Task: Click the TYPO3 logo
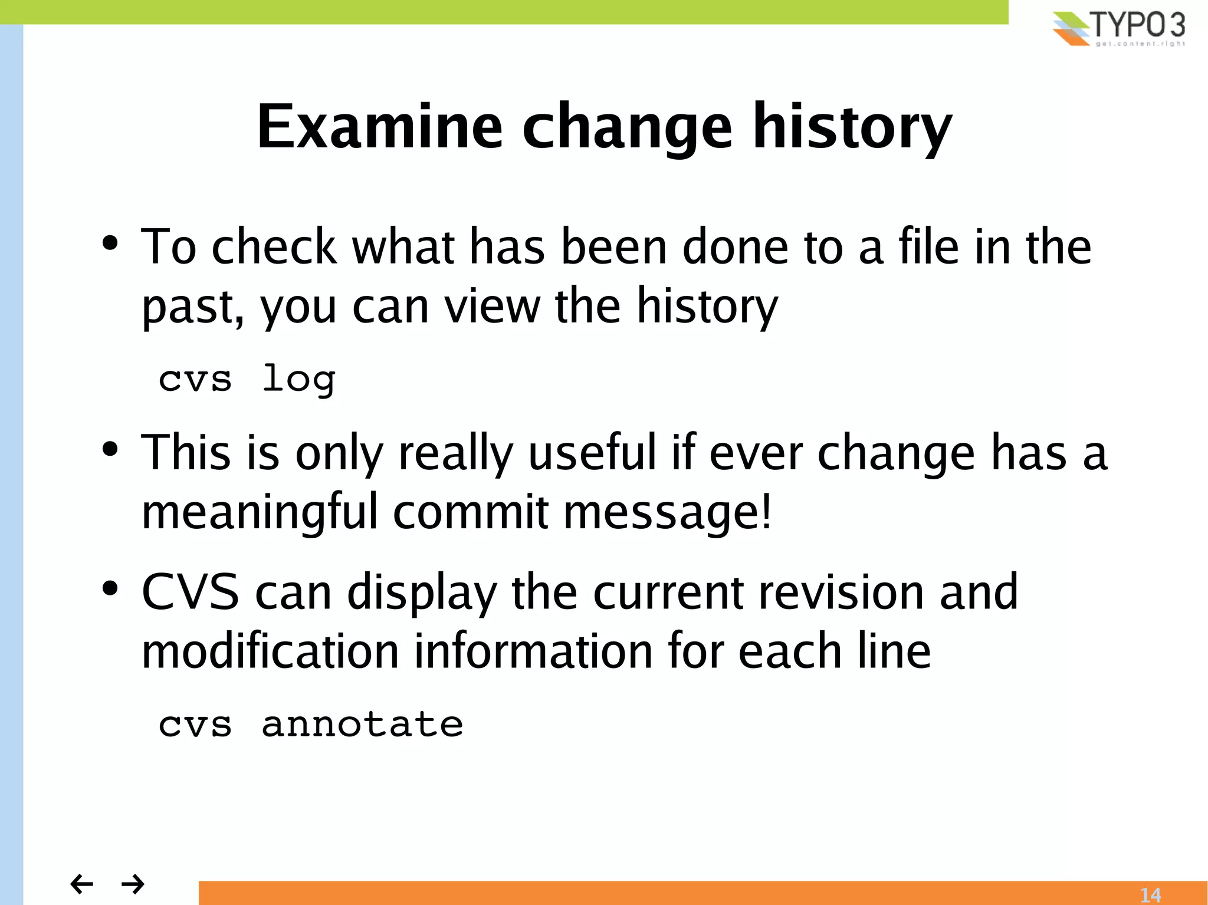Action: (x=1118, y=28)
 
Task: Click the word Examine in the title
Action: (x=380, y=127)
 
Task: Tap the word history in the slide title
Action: (x=852, y=127)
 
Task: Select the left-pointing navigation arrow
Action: (x=81, y=884)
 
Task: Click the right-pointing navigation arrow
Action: (x=133, y=884)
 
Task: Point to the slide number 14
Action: (x=1150, y=895)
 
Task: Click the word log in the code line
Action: (x=298, y=379)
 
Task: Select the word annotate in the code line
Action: (x=362, y=724)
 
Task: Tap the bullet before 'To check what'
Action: (x=110, y=243)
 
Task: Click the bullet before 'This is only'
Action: (x=110, y=449)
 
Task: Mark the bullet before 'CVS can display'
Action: (x=110, y=588)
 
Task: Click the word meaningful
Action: (x=260, y=512)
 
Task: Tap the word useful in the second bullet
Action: (x=592, y=453)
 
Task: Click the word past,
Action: (x=193, y=308)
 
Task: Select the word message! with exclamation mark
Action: (x=667, y=512)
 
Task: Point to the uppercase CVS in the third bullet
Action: (x=191, y=592)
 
